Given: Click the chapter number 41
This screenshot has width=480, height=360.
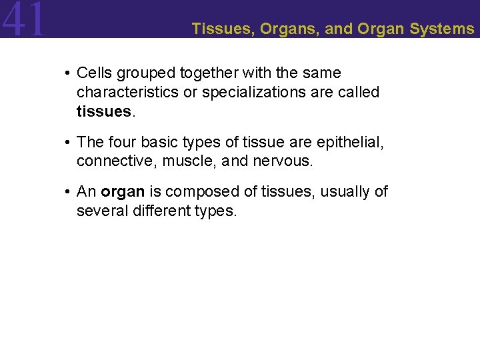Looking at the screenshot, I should click(x=24, y=19).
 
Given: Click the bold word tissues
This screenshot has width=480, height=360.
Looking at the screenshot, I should click(x=104, y=111).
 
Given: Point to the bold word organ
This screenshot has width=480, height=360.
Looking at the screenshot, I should click(x=123, y=191).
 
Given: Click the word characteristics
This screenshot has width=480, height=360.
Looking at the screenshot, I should click(x=128, y=92).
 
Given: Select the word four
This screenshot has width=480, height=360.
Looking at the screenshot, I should click(x=119, y=141).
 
